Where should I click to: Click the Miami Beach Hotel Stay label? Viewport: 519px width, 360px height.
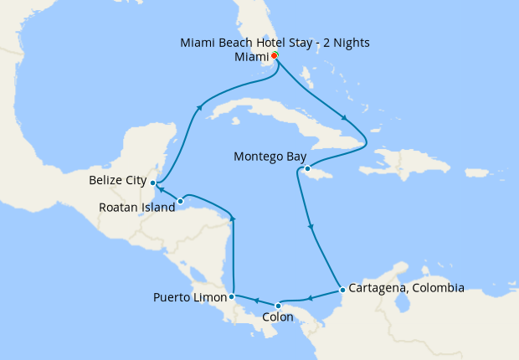pos(275,42)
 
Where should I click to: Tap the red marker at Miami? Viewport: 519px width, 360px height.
pos(275,56)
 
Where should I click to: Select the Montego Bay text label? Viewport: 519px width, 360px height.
pos(270,157)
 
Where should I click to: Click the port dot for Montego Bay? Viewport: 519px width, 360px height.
pos(307,169)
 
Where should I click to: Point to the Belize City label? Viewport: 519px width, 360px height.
pos(116,180)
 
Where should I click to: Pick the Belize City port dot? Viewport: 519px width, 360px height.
pos(152,182)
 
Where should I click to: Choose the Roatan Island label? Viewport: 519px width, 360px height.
pos(136,207)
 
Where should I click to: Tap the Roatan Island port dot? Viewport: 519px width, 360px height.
pos(181,201)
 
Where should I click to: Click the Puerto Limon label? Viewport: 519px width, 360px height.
pos(190,297)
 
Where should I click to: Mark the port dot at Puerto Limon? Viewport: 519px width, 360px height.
pos(231,296)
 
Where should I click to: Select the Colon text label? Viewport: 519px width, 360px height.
pos(277,317)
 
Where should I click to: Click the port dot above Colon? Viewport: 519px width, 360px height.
pos(278,305)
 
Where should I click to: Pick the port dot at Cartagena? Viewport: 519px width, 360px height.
pos(342,291)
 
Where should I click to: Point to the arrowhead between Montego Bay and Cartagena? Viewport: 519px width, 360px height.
pos(311,227)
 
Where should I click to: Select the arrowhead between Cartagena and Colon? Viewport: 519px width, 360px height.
pos(309,298)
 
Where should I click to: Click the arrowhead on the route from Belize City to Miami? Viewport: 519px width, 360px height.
pos(199,106)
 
